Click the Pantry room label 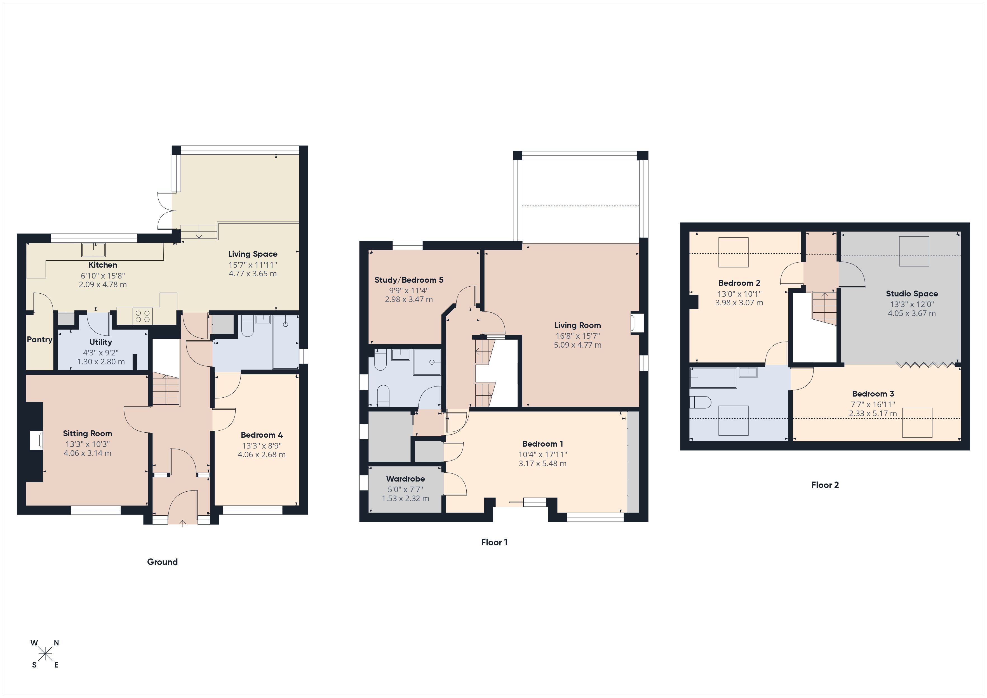39,339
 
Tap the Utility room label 101,342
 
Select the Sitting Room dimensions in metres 87,453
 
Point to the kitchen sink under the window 94,249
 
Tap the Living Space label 252,254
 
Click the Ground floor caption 162,562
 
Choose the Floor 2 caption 824,485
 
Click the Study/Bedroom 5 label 408,280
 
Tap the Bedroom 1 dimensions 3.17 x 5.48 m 542,463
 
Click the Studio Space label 911,294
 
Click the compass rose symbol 45,654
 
